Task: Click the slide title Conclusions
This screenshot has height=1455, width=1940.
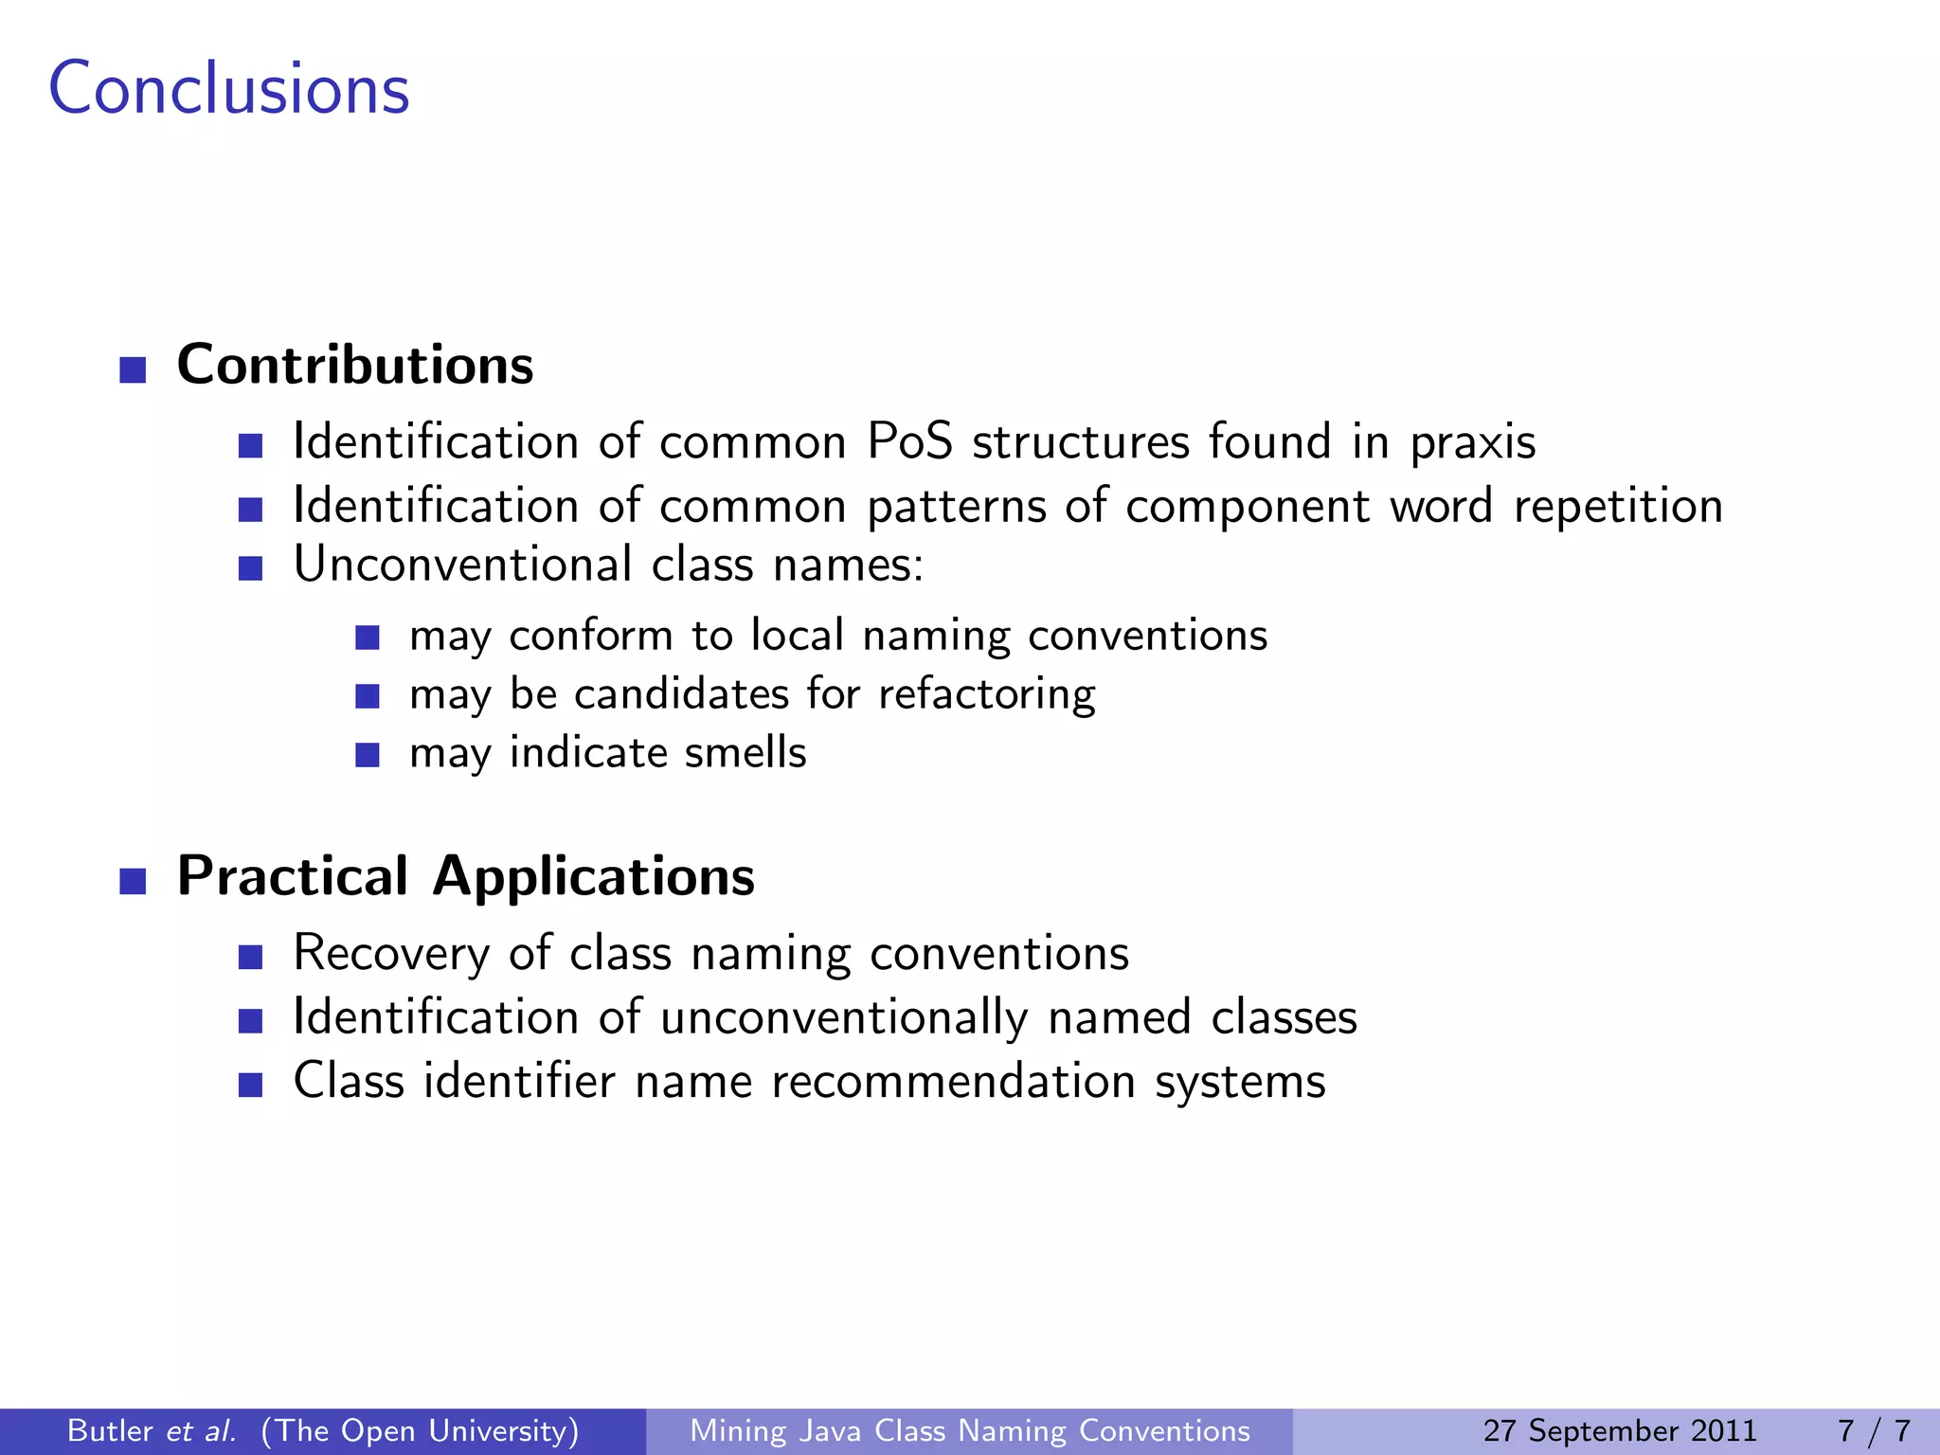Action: [228, 88]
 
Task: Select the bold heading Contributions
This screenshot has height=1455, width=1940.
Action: [355, 366]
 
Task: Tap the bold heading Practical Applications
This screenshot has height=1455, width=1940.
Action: [465, 876]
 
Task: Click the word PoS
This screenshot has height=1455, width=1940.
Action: [909, 442]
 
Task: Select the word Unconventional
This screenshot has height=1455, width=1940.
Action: [463, 566]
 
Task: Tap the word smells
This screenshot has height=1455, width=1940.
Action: [745, 753]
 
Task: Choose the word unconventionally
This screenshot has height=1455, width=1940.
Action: [843, 1018]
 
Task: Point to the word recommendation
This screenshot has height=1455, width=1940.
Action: [953, 1082]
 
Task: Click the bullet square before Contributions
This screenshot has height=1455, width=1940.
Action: [133, 370]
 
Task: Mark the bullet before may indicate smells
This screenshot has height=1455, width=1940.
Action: [368, 755]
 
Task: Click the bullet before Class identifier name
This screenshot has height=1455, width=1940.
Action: [250, 1085]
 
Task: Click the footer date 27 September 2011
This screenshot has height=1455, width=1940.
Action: [1619, 1430]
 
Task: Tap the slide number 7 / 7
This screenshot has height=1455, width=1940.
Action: [1873, 1430]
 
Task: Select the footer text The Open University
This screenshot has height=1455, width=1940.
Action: [420, 1430]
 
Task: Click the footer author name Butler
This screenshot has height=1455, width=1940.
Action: [110, 1430]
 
